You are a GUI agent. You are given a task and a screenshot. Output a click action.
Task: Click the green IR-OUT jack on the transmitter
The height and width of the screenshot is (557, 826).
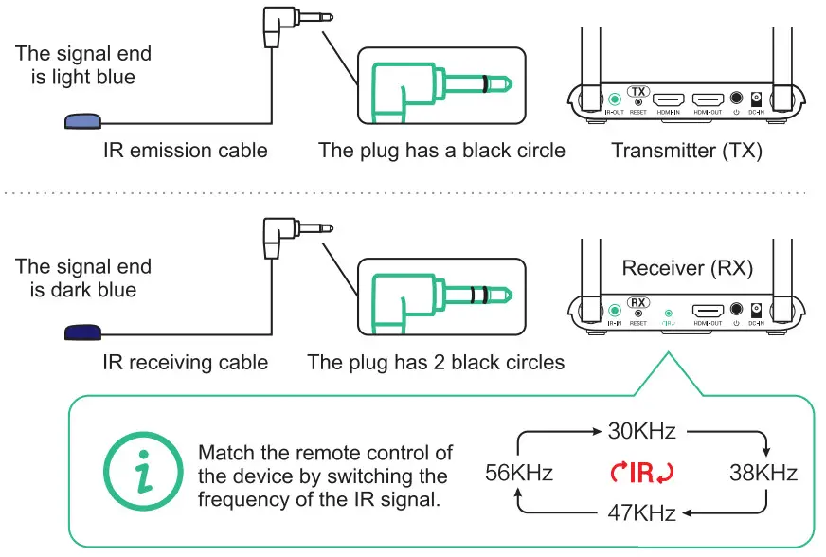coord(614,98)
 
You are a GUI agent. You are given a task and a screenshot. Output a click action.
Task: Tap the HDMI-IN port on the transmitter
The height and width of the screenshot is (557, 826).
coord(670,99)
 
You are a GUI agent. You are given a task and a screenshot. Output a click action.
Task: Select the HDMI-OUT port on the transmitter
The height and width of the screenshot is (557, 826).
coord(707,99)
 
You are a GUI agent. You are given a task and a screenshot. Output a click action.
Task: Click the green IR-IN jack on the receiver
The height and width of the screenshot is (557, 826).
coord(614,309)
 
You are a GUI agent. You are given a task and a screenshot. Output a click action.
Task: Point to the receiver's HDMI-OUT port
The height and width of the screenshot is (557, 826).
coord(707,310)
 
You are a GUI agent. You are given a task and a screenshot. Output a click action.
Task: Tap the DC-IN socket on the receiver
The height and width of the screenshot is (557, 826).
coord(756,310)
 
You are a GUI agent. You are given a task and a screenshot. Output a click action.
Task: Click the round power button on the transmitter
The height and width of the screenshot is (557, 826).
coord(736,99)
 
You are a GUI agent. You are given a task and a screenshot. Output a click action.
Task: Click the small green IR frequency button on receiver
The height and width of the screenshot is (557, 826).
coord(670,311)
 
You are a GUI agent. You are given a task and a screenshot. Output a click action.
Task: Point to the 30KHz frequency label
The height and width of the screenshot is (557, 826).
coord(641,432)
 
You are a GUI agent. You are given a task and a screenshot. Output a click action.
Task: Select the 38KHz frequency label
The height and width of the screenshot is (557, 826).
coord(763,473)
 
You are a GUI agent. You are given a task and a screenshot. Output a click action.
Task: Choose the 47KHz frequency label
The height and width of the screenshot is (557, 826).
coord(641,513)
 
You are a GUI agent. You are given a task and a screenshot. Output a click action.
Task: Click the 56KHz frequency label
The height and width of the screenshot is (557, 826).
coord(518,473)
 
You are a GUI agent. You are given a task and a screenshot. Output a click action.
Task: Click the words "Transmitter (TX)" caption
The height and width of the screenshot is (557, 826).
coord(685,150)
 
